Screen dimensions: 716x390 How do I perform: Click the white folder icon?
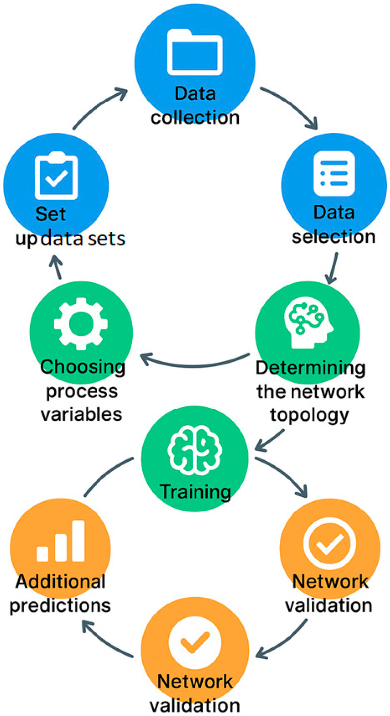[195, 51]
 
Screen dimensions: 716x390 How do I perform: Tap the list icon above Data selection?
[334, 173]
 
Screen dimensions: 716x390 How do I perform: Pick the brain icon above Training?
[195, 450]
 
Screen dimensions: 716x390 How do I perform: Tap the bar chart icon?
[60, 542]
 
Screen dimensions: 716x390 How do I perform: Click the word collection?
[195, 118]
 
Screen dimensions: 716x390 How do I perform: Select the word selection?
[333, 236]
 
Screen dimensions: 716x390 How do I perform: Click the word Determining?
[310, 369]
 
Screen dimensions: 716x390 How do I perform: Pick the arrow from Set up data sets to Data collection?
[99, 107]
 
